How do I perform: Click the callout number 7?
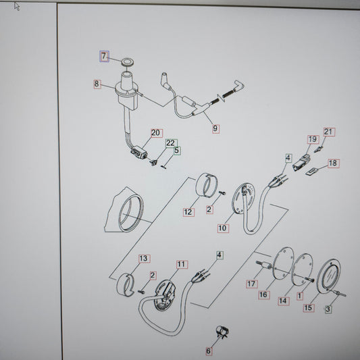(x=104, y=56)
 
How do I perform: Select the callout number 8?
(x=97, y=84)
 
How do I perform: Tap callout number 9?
(x=215, y=129)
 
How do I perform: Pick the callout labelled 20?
(x=157, y=133)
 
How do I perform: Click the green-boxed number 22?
(x=172, y=143)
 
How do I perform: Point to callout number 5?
(x=177, y=151)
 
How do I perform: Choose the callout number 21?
(x=329, y=132)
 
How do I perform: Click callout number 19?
(x=313, y=139)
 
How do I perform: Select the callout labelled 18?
(x=334, y=163)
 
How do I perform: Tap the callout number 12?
(x=188, y=212)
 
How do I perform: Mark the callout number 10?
(x=223, y=228)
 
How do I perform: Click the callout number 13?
(x=145, y=259)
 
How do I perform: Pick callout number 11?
(x=182, y=265)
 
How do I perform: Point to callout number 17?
(x=252, y=284)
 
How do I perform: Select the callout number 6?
(x=209, y=351)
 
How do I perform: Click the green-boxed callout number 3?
(x=328, y=309)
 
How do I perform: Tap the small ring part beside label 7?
(x=128, y=62)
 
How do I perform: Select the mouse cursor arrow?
(x=17, y=6)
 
